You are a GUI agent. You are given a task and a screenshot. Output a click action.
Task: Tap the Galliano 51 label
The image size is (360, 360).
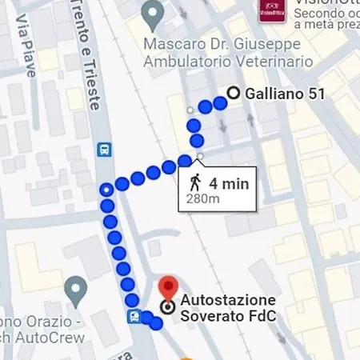285,94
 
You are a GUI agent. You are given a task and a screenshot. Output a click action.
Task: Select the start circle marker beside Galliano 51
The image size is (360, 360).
234,93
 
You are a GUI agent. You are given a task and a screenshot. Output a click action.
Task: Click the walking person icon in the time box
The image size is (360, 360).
196,182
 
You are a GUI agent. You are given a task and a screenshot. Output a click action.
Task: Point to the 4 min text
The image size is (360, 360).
229,183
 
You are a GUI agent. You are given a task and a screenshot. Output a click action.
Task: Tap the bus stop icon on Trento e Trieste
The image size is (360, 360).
103,149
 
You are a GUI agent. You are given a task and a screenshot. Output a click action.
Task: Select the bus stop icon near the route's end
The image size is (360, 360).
134,316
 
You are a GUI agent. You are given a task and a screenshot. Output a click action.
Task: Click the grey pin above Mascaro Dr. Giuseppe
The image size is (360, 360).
152,13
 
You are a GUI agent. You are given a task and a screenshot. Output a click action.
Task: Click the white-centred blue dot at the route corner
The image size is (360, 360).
106,190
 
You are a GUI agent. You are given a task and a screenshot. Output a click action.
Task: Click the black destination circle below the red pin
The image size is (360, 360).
167,307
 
